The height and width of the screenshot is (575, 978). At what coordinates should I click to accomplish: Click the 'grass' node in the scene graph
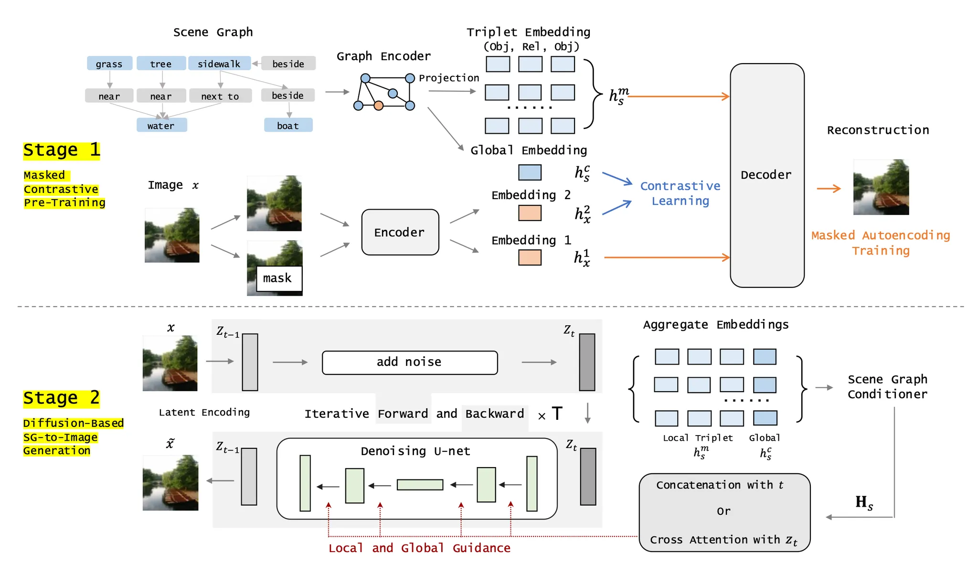tap(109, 64)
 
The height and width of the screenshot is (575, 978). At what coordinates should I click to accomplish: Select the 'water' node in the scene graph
tap(161, 126)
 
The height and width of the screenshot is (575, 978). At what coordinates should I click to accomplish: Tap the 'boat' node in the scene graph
tap(288, 126)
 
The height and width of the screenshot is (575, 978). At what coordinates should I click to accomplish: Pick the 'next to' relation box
tap(220, 96)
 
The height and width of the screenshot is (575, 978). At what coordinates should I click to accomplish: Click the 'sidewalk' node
tap(219, 64)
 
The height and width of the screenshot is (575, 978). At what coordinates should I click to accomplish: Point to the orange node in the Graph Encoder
tap(378, 106)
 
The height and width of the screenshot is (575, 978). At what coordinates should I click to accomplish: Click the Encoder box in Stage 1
tap(400, 233)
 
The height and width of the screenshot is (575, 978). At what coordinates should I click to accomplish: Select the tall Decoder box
tap(766, 175)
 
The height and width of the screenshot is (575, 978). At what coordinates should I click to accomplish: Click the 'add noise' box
tap(409, 362)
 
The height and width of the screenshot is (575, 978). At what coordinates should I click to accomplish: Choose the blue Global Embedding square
tap(530, 172)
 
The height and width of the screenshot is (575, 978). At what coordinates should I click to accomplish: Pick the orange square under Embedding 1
tap(530, 257)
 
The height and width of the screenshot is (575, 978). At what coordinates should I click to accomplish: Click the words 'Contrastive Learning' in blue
tap(680, 193)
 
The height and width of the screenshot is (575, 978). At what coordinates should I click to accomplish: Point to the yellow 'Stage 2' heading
tap(62, 398)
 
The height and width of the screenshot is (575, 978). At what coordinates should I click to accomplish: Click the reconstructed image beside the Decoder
tap(881, 187)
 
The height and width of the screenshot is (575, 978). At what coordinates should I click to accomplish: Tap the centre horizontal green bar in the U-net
tap(420, 485)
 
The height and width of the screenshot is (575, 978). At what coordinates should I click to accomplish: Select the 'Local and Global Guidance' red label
tap(419, 548)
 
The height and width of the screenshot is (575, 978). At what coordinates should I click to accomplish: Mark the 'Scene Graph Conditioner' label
tap(887, 386)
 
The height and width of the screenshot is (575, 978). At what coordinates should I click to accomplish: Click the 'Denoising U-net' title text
tap(415, 451)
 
